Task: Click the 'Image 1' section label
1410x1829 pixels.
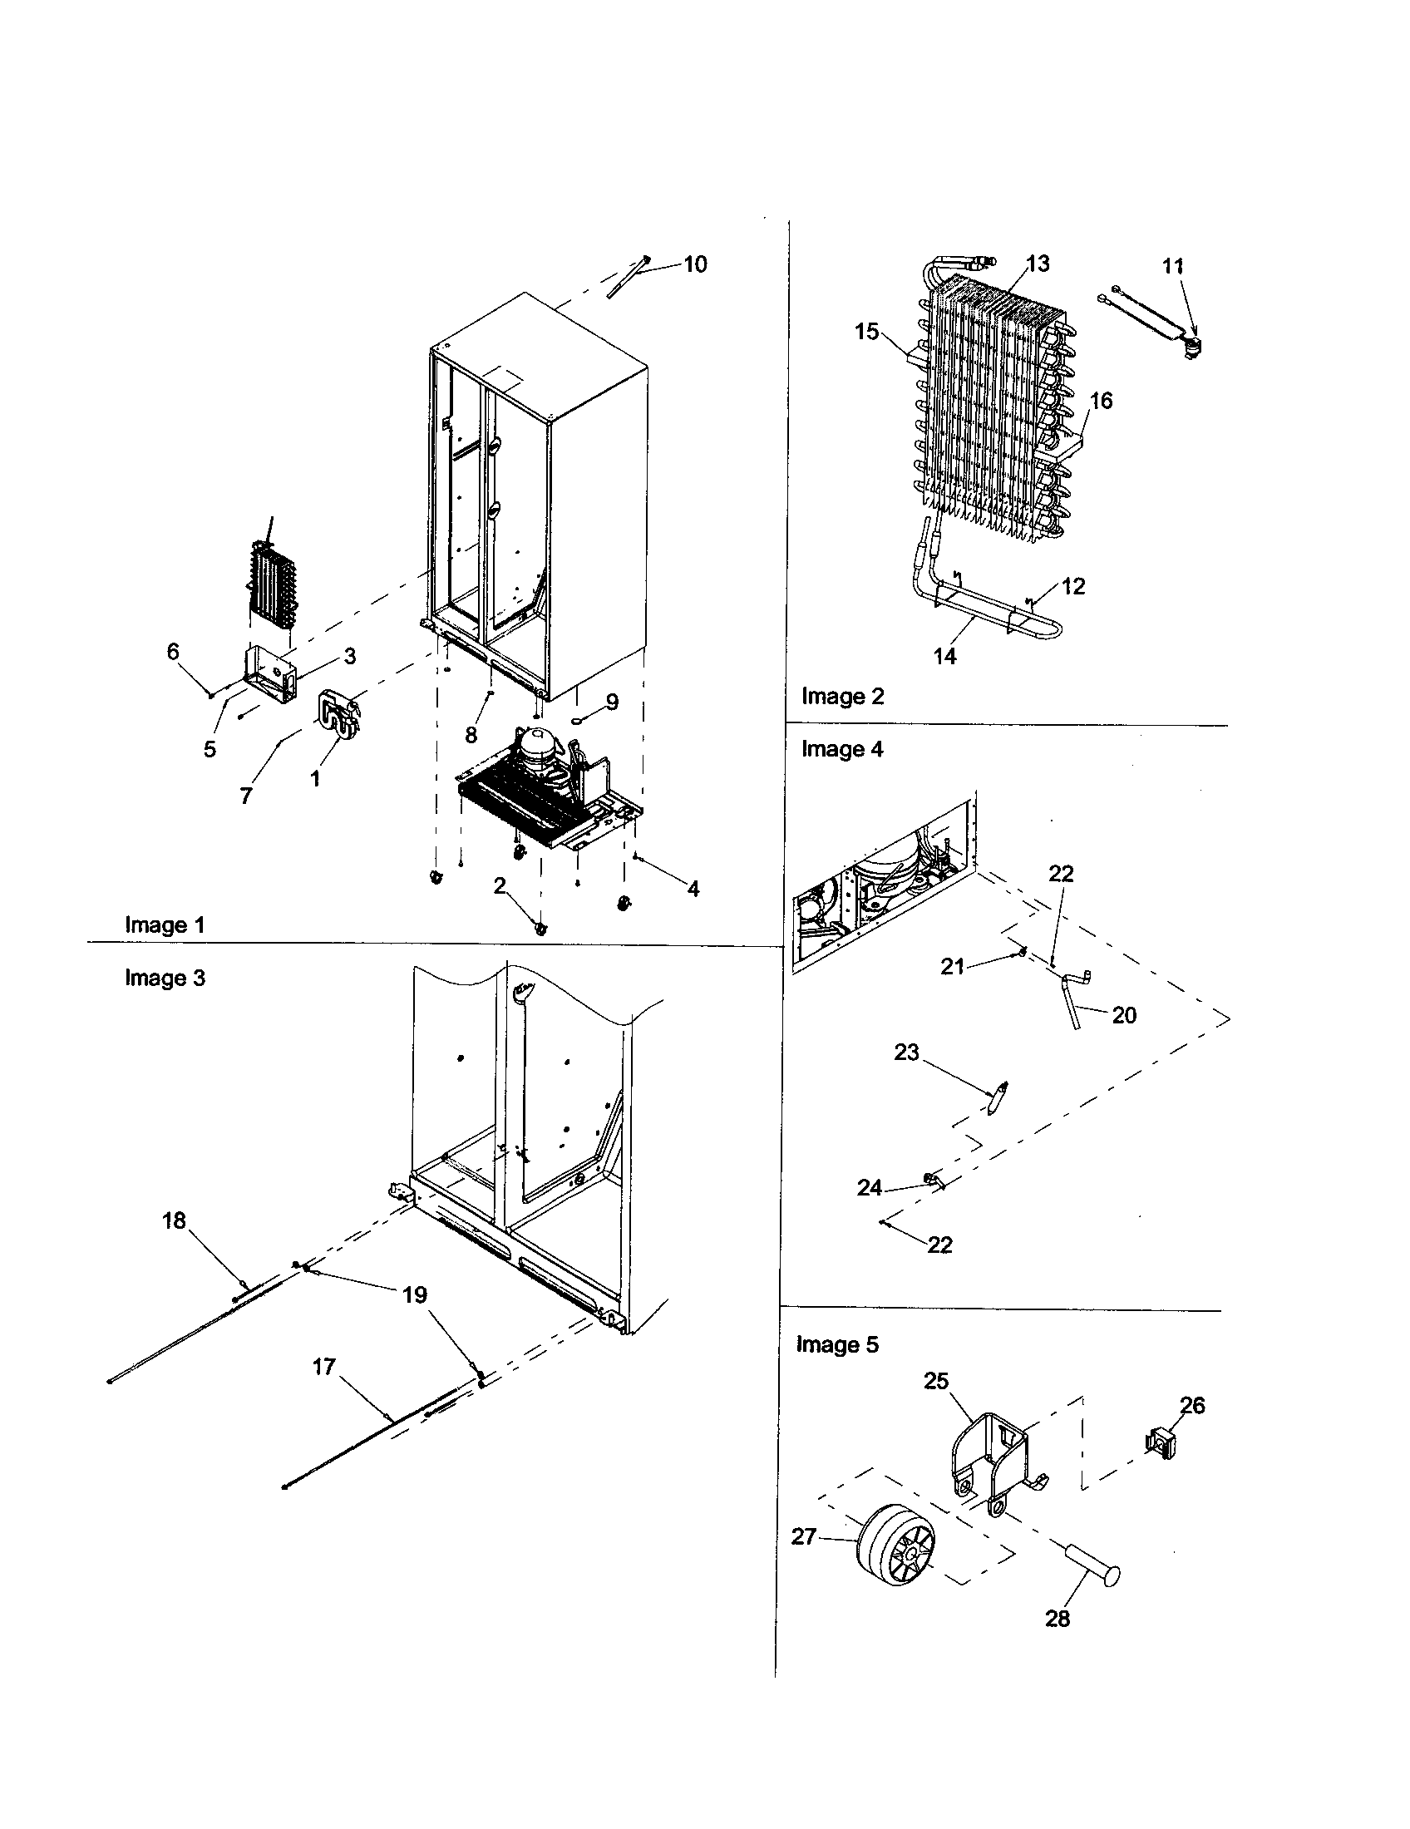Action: point(164,924)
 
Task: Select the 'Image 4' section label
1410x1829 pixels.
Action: point(841,749)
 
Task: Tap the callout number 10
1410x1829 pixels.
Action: point(695,264)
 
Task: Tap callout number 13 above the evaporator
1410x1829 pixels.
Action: point(1038,264)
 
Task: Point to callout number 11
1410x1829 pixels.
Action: point(1173,266)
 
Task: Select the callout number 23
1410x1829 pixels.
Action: point(906,1053)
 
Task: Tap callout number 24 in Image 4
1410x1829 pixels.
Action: point(869,1187)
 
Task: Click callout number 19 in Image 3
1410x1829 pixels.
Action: point(415,1294)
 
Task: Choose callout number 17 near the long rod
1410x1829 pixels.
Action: point(323,1367)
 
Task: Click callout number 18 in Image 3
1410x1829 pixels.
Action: point(173,1221)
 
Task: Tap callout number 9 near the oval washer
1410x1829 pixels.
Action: point(612,702)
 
